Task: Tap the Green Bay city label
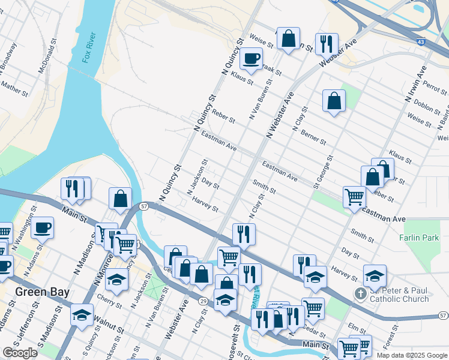pyautogui.click(x=41, y=292)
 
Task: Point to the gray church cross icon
pyautogui.click(x=360, y=294)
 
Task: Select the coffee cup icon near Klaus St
pyautogui.click(x=251, y=59)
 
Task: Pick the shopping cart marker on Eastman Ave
pyautogui.click(x=354, y=196)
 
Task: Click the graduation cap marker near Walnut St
pyautogui.click(x=82, y=314)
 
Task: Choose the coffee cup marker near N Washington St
pyautogui.click(x=43, y=227)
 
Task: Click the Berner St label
pyautogui.click(x=313, y=137)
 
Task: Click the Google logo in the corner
pyautogui.click(x=20, y=353)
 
